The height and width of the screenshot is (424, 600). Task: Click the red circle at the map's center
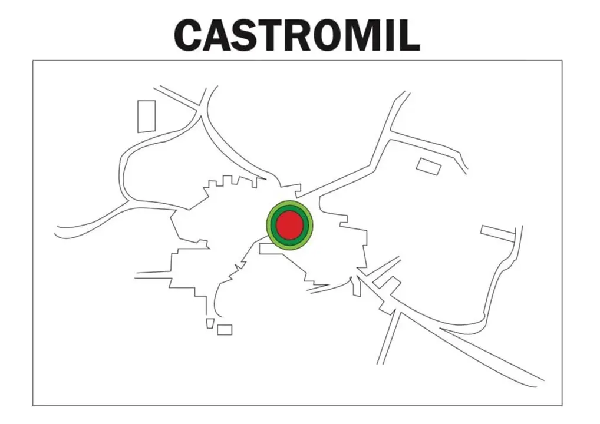[289, 225]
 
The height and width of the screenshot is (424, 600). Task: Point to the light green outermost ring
[289, 203]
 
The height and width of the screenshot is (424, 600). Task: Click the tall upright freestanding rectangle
[147, 116]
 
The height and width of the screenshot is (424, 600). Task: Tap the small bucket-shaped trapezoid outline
[209, 323]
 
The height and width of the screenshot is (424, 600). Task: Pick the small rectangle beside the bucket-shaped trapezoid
[225, 330]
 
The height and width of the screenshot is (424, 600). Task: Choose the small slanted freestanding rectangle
[428, 166]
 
